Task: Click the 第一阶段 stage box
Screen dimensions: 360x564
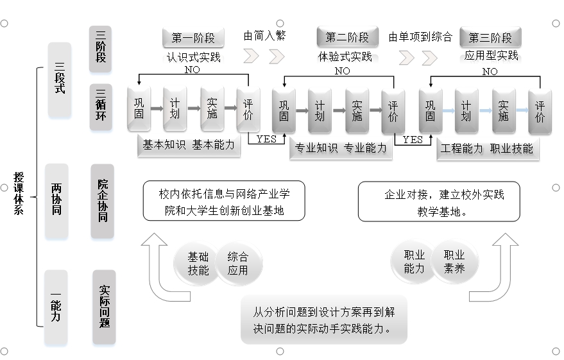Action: (193, 38)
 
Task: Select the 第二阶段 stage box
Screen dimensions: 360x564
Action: (347, 37)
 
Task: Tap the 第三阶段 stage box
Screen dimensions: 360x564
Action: (490, 37)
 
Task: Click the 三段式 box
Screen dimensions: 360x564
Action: (59, 80)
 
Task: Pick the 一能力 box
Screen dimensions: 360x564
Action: (56, 307)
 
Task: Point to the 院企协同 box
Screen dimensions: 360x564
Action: (102, 200)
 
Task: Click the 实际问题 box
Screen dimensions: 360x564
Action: (104, 305)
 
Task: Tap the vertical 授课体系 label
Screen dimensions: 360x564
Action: (19, 193)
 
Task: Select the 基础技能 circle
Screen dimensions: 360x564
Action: (198, 262)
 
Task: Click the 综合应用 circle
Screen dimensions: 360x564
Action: (237, 262)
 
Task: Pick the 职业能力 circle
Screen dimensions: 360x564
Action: (414, 261)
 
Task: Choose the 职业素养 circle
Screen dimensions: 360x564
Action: (454, 261)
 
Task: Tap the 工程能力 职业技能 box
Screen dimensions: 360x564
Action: (486, 148)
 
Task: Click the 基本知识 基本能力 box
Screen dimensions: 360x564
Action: (188, 145)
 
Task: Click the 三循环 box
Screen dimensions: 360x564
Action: (101, 105)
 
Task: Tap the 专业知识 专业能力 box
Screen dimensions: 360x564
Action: (340, 148)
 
